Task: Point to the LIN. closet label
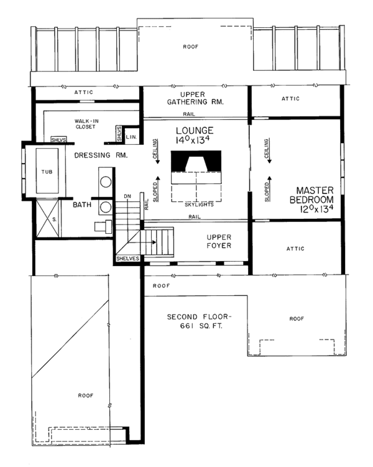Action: (131, 136)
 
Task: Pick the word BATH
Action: (83, 204)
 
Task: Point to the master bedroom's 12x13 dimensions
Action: (313, 210)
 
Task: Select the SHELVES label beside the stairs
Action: (128, 259)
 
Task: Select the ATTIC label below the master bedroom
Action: (296, 249)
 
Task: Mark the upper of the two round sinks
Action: (106, 182)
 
